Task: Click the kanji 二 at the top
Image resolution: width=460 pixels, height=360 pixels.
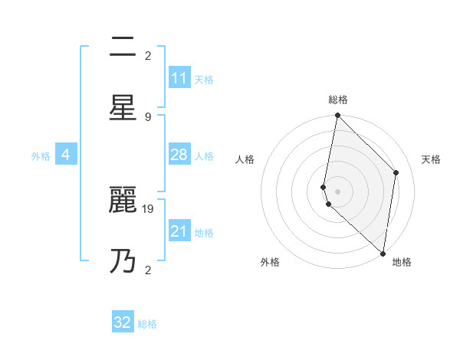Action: click(123, 47)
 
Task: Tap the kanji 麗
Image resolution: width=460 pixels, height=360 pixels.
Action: click(123, 201)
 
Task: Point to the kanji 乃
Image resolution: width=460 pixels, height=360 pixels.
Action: click(123, 261)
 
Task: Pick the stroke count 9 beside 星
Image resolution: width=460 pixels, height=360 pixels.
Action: click(148, 116)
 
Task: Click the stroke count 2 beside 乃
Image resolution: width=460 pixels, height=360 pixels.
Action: click(148, 270)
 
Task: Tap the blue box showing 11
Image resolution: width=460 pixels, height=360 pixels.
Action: click(179, 78)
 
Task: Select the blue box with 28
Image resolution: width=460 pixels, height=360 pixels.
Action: click(179, 155)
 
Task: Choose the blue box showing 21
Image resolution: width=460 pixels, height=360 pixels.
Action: click(179, 231)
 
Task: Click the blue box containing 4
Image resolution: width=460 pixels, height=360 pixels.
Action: click(66, 155)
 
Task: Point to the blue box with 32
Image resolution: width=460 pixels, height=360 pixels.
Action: click(123, 322)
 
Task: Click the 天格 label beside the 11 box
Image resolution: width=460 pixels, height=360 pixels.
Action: click(204, 79)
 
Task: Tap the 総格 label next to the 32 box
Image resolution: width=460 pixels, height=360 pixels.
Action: click(147, 323)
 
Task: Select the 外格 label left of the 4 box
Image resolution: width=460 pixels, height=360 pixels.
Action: click(41, 155)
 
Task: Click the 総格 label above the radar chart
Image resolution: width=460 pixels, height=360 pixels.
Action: click(338, 100)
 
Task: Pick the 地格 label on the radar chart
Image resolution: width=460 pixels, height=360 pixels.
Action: click(402, 262)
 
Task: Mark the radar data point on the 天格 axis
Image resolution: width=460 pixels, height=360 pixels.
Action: click(396, 172)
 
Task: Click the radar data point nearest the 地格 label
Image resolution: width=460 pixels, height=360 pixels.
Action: click(383, 253)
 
